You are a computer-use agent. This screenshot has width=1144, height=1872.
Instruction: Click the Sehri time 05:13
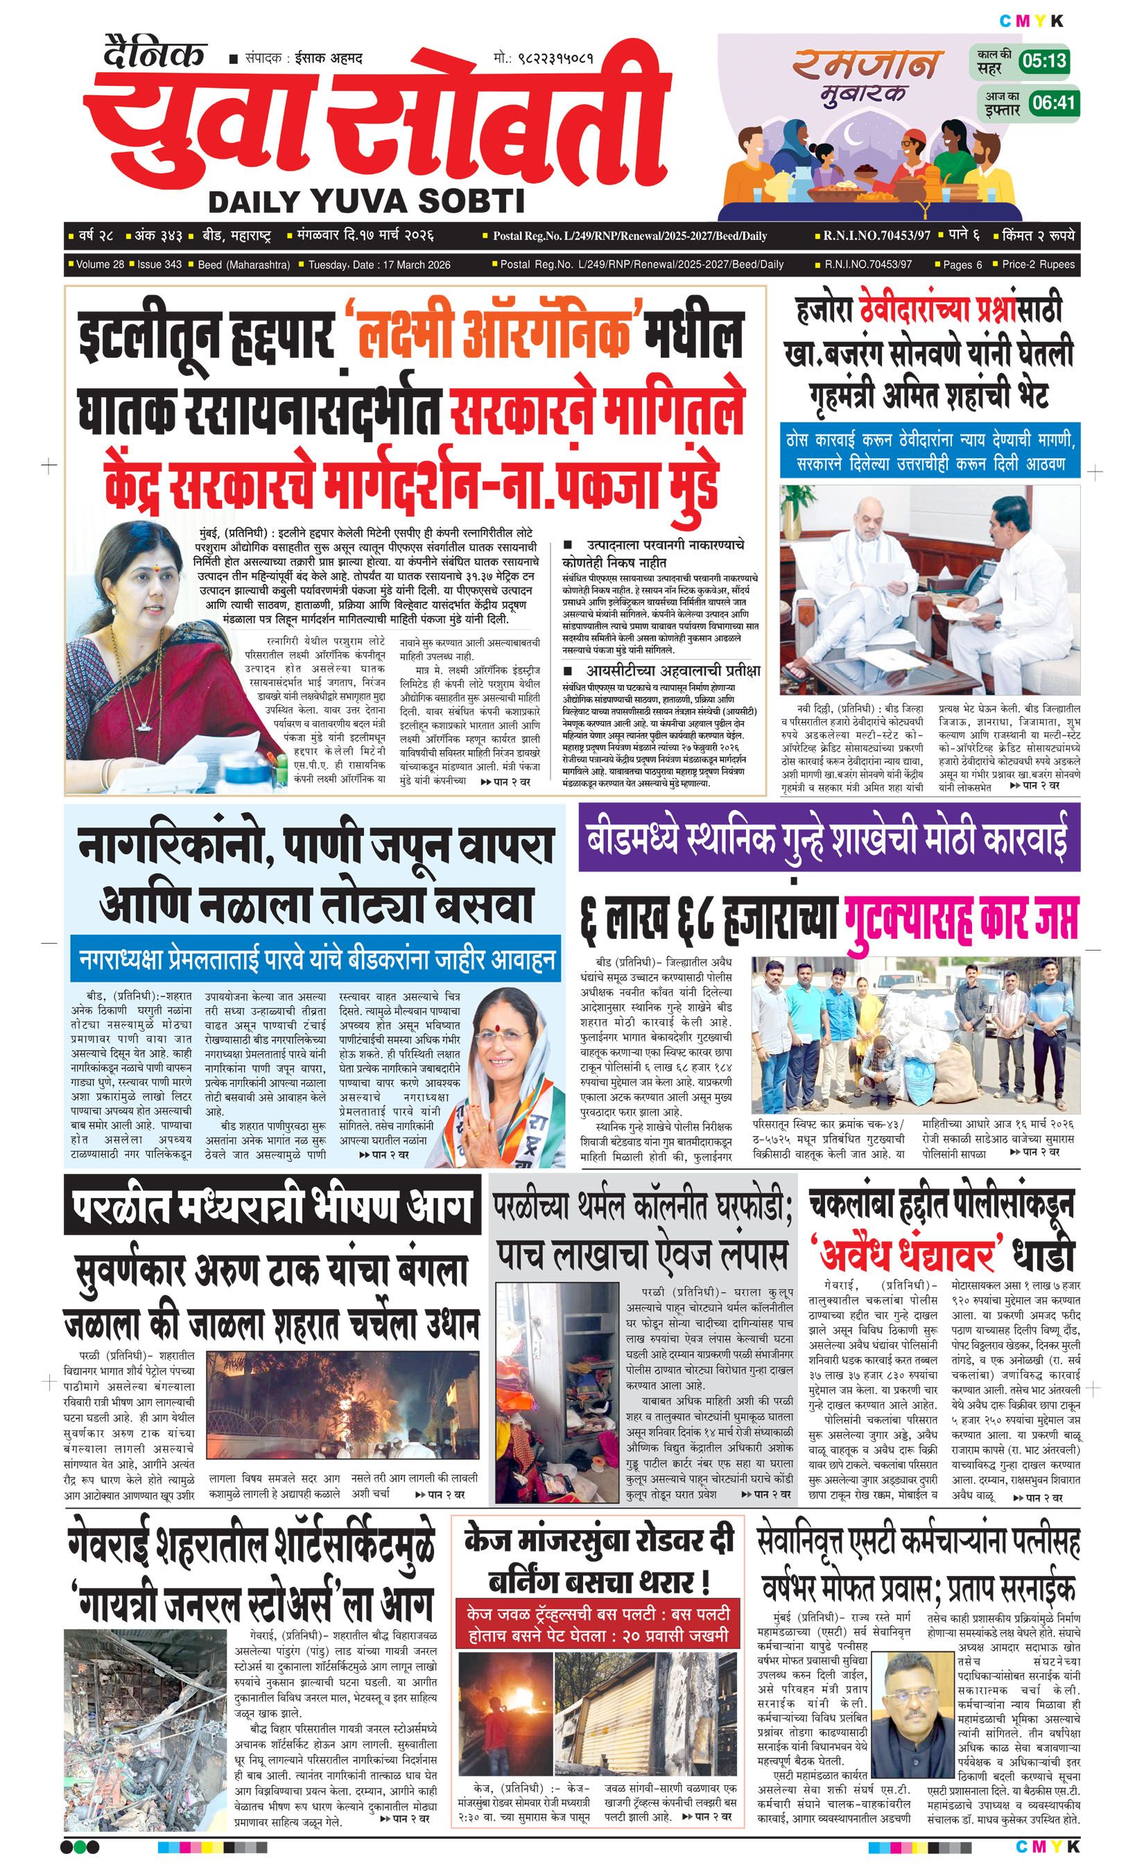1043,60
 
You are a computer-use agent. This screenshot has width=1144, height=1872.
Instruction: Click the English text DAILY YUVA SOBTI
366,201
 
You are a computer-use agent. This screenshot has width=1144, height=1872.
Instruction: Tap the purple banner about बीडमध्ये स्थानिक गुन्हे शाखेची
829,838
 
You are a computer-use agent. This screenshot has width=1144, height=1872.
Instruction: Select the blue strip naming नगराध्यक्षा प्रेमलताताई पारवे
316,962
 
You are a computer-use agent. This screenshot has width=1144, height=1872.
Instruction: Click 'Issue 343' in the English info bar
159,264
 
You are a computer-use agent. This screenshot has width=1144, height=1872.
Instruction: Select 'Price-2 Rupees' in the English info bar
1038,264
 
